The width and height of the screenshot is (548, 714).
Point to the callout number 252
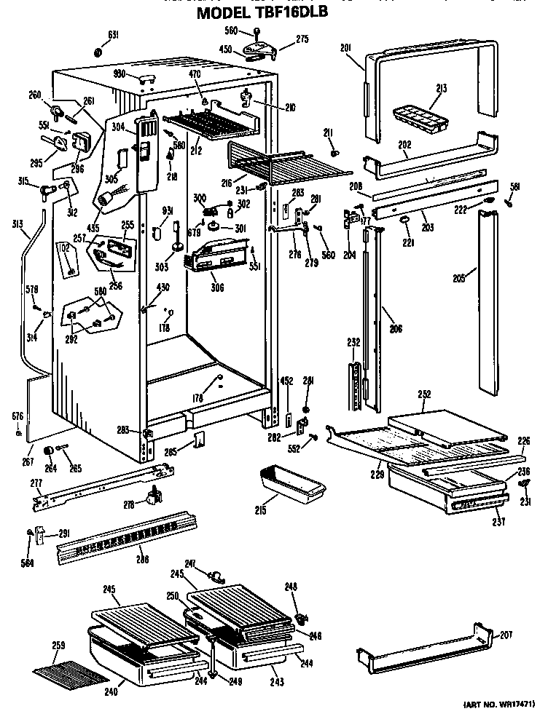pyautogui.click(x=426, y=394)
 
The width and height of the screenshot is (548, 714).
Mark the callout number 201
pyautogui.click(x=346, y=49)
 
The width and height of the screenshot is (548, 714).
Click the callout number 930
pyautogui.click(x=120, y=74)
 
